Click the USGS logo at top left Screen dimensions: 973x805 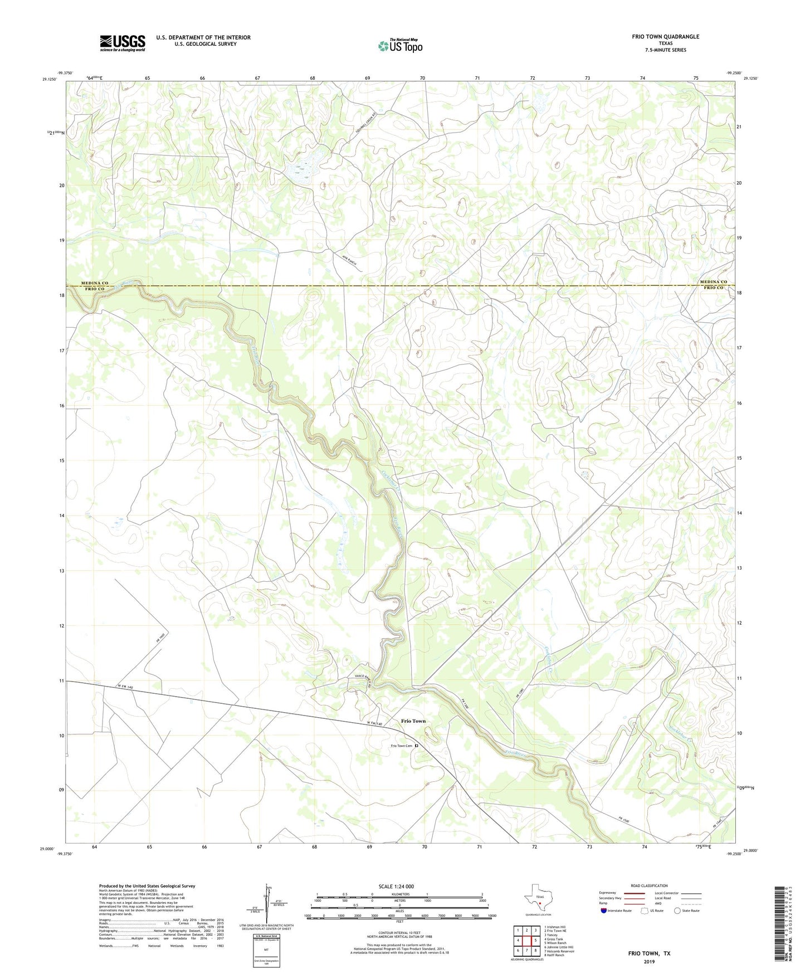[123, 43]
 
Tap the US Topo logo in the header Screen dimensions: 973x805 [400, 46]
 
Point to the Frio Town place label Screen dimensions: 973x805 [413, 721]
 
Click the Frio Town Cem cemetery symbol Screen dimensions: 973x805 [416, 746]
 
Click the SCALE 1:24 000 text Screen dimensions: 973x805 [396, 886]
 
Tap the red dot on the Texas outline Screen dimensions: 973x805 [539, 904]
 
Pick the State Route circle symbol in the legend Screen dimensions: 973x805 [677, 911]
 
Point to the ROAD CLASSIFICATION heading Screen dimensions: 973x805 [649, 886]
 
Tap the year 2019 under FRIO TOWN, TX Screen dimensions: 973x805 [649, 961]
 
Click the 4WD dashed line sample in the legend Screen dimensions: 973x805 [691, 904]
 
